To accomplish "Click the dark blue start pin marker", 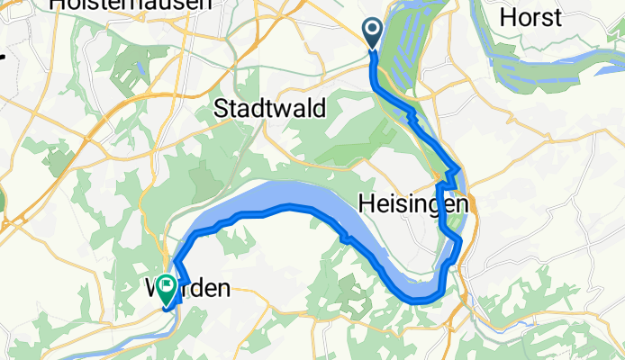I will (373, 33).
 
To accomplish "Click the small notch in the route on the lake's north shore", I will (344, 238).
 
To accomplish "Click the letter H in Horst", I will (507, 17).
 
